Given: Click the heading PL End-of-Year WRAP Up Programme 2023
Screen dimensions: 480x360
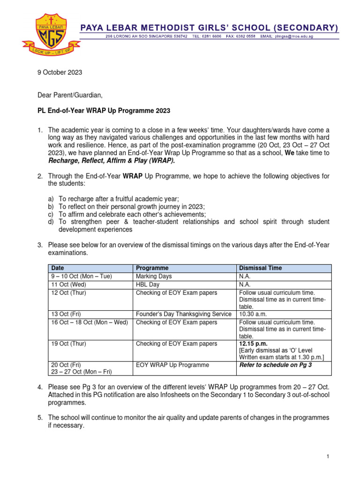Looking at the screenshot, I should pyautogui.click(x=104, y=111).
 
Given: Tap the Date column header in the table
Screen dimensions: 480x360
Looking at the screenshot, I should pyautogui.click(x=58, y=268).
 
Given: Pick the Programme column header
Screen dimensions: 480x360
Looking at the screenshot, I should pyautogui.click(x=152, y=268).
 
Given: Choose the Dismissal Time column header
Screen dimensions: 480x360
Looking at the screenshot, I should pyautogui.click(x=261, y=268).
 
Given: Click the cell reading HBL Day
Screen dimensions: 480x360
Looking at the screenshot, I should pyautogui.click(x=148, y=285).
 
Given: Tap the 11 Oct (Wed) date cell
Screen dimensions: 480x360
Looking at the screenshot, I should pyautogui.click(x=69, y=285).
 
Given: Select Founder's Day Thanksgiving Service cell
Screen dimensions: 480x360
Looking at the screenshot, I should pyautogui.click(x=183, y=314).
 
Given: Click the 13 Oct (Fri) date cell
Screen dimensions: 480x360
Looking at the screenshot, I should pyautogui.click(x=67, y=314).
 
